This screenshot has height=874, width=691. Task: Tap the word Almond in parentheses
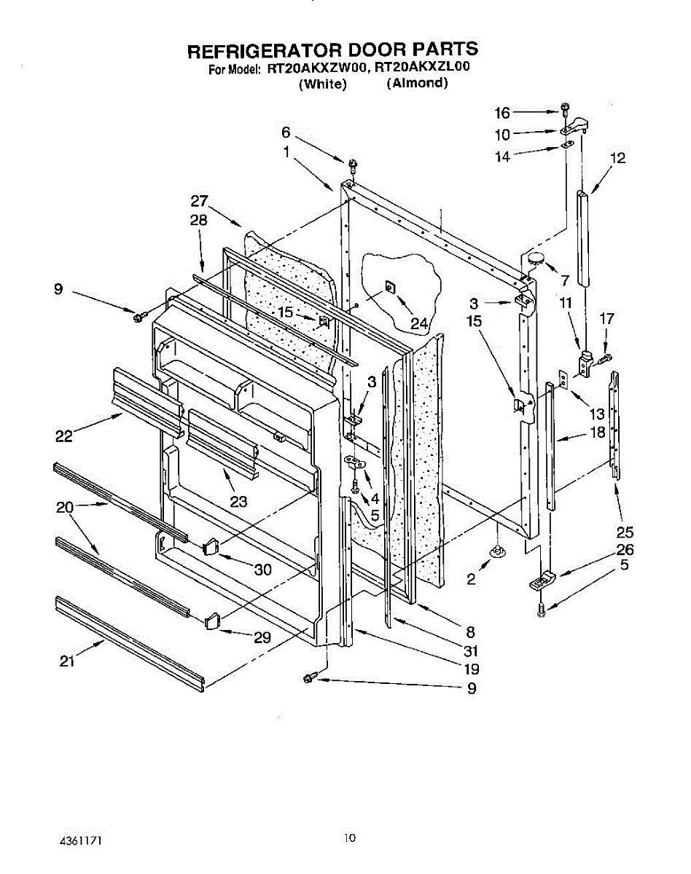tap(417, 83)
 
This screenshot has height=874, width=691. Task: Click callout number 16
tap(503, 112)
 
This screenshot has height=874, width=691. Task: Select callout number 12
tap(618, 158)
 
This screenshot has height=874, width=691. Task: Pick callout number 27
tap(200, 202)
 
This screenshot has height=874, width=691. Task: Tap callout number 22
tap(65, 436)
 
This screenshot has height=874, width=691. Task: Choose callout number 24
tap(418, 323)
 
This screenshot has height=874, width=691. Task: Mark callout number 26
tap(625, 550)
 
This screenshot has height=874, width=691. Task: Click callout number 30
tap(263, 570)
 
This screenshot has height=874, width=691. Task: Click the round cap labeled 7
tap(536, 256)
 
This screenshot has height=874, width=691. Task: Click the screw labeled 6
tap(352, 164)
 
